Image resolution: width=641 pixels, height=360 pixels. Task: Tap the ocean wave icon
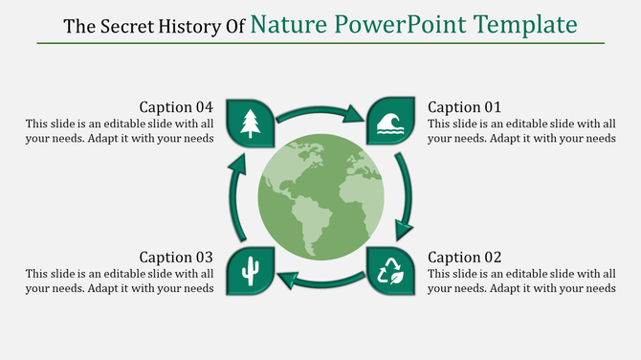(390, 122)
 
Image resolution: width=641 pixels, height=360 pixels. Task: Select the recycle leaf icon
(390, 272)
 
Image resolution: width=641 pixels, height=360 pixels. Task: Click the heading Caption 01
(464, 107)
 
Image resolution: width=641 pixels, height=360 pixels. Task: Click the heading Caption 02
(464, 258)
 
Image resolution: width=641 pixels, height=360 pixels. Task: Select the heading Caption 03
(176, 258)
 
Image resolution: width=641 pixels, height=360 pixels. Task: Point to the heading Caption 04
(176, 107)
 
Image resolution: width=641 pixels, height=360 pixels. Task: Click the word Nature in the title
(283, 24)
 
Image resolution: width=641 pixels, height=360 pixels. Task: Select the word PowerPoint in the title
(388, 24)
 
